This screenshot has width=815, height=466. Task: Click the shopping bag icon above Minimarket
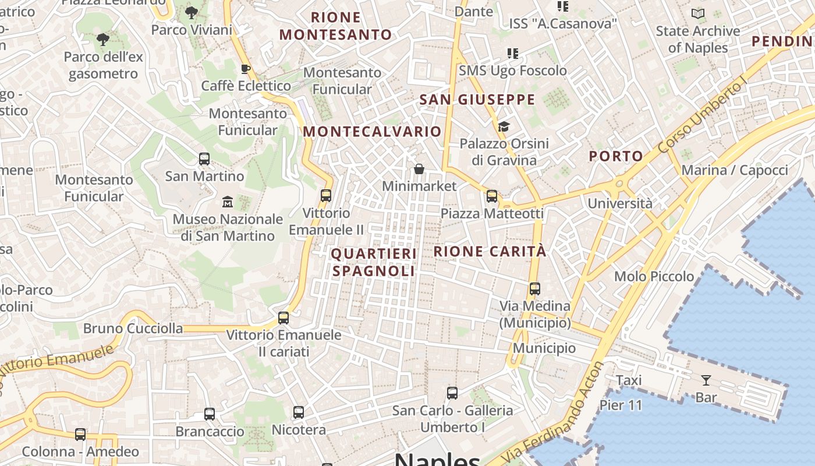point(419,169)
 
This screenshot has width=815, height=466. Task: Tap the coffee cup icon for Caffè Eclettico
point(246,69)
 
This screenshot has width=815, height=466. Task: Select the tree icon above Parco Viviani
point(191,12)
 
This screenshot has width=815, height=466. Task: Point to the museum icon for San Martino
point(228,202)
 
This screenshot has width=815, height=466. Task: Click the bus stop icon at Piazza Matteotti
point(492,196)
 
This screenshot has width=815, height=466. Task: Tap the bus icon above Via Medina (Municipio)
point(534,288)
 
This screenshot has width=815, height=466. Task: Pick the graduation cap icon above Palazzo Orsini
point(504,126)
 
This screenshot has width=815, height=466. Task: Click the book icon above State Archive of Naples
point(697,13)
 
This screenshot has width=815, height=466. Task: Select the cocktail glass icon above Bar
point(706,380)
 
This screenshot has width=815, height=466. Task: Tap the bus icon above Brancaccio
point(210,414)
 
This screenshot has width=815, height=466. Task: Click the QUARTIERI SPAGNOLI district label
point(374,262)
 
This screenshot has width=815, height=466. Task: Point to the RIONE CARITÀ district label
point(490,252)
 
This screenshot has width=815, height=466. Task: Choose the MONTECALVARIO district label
point(372,132)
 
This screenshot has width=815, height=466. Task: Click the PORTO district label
point(615,156)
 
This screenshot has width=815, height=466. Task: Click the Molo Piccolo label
point(654,276)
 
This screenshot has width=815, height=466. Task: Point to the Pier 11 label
point(621,405)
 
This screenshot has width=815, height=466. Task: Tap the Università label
point(620,203)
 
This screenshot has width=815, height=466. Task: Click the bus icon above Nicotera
point(299,412)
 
